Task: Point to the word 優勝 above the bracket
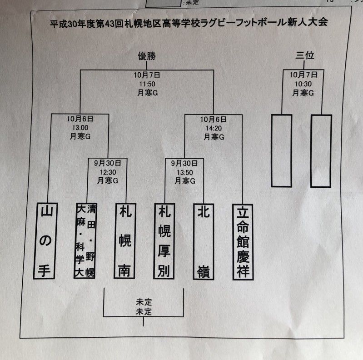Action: tap(147, 56)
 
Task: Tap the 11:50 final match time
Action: tap(146, 84)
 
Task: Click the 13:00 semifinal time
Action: tap(79, 128)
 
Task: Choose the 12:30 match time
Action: tap(108, 172)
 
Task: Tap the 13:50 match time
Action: tap(184, 172)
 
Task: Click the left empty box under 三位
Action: tap(281, 150)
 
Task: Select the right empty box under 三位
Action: tap(321, 150)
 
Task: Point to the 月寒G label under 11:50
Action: tap(146, 92)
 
